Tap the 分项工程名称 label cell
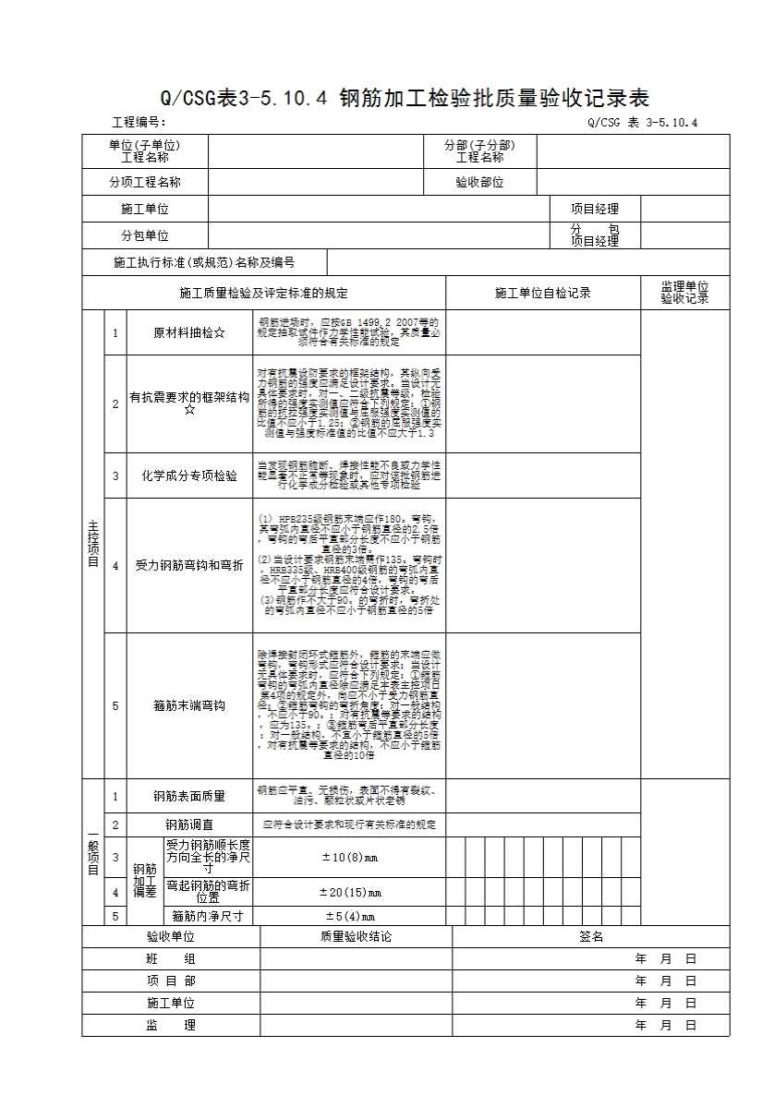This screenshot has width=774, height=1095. pyautogui.click(x=145, y=183)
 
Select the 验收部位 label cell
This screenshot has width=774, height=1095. pyautogui.click(x=479, y=183)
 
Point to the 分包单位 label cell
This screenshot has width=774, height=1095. pyautogui.click(x=145, y=236)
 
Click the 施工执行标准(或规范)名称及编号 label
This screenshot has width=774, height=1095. pyautogui.click(x=203, y=263)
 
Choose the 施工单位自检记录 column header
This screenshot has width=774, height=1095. pyautogui.click(x=542, y=294)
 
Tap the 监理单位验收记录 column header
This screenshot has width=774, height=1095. pyautogui.click(x=684, y=293)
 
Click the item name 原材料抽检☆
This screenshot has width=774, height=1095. pyautogui.click(x=189, y=333)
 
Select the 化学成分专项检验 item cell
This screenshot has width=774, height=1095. pyautogui.click(x=189, y=476)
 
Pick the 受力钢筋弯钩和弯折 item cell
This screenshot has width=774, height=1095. pyautogui.click(x=189, y=565)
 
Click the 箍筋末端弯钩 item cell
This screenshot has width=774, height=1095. pyautogui.click(x=189, y=706)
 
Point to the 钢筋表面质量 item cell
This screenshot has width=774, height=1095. pyautogui.click(x=189, y=796)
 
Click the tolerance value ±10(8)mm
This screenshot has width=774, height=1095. pyautogui.click(x=350, y=858)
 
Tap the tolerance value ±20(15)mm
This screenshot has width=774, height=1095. pyautogui.click(x=350, y=892)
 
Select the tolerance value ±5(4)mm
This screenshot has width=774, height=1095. pyautogui.click(x=350, y=917)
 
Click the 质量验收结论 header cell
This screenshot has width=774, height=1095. pyautogui.click(x=356, y=937)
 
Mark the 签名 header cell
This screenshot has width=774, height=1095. pyautogui.click(x=591, y=937)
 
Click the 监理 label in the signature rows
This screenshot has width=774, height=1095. pyautogui.click(x=171, y=1025)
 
